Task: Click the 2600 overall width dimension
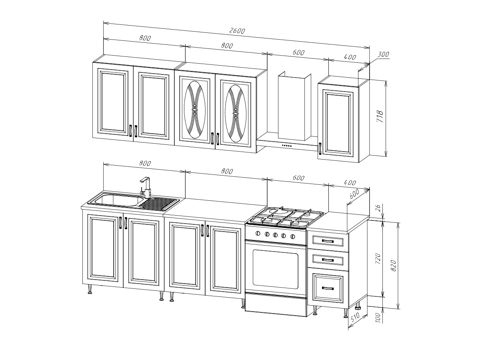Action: click(x=237, y=31)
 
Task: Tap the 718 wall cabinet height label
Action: click(x=380, y=116)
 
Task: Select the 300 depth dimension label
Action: click(x=383, y=54)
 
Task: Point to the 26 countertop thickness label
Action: click(x=380, y=208)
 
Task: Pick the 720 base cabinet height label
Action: click(x=378, y=258)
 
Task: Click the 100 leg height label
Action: click(x=378, y=318)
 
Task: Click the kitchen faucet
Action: click(x=146, y=188)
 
